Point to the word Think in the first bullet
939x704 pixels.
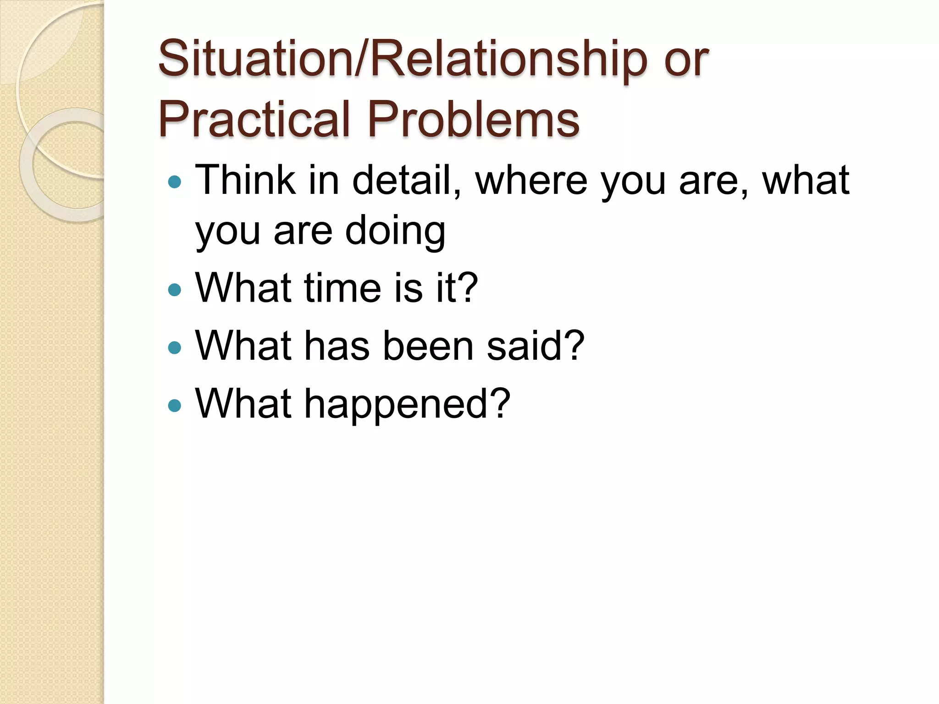[x=245, y=181]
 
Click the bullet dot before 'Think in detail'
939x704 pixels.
[x=175, y=182]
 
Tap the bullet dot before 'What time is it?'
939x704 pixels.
[x=175, y=290]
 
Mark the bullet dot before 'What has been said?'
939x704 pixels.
[x=175, y=347]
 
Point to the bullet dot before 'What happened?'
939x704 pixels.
[x=175, y=405]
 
